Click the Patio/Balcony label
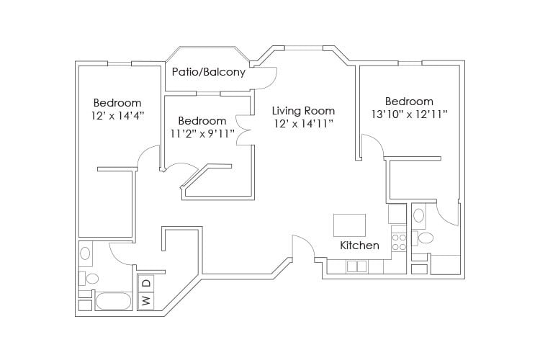click(x=208, y=73)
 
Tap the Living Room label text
click(x=303, y=111)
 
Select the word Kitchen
click(x=359, y=246)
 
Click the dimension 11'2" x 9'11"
click(x=202, y=133)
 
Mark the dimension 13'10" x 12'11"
click(x=409, y=114)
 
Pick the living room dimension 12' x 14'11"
click(x=303, y=124)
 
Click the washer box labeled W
click(x=145, y=300)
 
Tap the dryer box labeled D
click(x=145, y=283)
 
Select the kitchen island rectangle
click(x=349, y=225)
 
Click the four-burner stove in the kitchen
click(x=398, y=240)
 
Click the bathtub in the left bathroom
click(x=112, y=301)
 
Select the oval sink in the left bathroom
click(x=86, y=253)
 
